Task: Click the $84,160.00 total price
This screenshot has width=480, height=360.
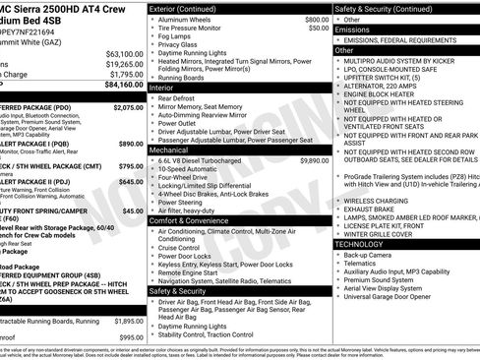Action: point(119,85)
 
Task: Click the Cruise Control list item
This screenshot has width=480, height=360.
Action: point(184,248)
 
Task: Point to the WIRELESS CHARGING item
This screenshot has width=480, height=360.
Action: point(378,200)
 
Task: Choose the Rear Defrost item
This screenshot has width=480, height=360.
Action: point(183,98)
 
